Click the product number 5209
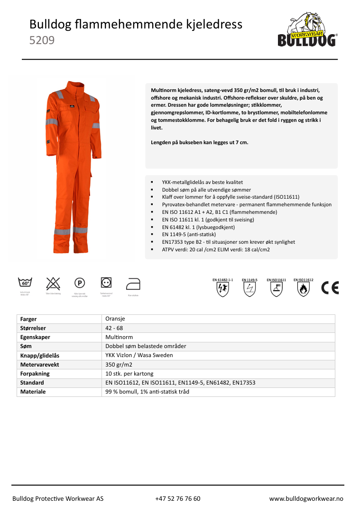click(42, 41)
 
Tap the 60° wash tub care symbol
click(25, 283)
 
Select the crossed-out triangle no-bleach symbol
click(53, 283)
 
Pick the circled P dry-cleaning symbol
click(80, 283)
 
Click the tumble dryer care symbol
click(106, 283)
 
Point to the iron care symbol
click(133, 284)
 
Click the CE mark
click(330, 288)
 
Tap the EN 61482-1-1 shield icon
click(222, 289)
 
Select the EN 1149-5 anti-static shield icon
click(249, 289)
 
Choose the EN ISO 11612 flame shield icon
click(303, 289)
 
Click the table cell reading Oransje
click(115, 319)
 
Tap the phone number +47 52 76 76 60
click(177, 498)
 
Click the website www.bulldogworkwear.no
click(306, 498)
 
